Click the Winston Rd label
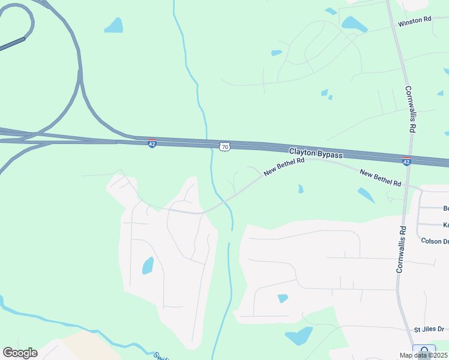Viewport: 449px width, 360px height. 415,20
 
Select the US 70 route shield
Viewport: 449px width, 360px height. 224,146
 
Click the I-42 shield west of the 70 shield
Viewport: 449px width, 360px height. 152,144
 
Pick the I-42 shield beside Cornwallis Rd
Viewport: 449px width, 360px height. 406,161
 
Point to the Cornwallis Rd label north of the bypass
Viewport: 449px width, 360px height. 410,109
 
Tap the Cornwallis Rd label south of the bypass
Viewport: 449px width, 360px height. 402,249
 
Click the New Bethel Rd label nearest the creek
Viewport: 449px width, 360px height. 285,166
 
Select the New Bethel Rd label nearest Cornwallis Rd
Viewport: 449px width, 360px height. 380,178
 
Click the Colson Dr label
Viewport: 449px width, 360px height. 435,241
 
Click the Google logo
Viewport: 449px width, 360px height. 20,353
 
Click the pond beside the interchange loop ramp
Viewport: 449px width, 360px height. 113,25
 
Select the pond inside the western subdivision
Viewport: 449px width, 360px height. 148,265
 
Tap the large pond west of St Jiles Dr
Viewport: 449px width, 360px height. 298,336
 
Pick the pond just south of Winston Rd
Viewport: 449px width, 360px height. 354,24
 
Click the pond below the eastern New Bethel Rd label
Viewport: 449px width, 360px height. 366,195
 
